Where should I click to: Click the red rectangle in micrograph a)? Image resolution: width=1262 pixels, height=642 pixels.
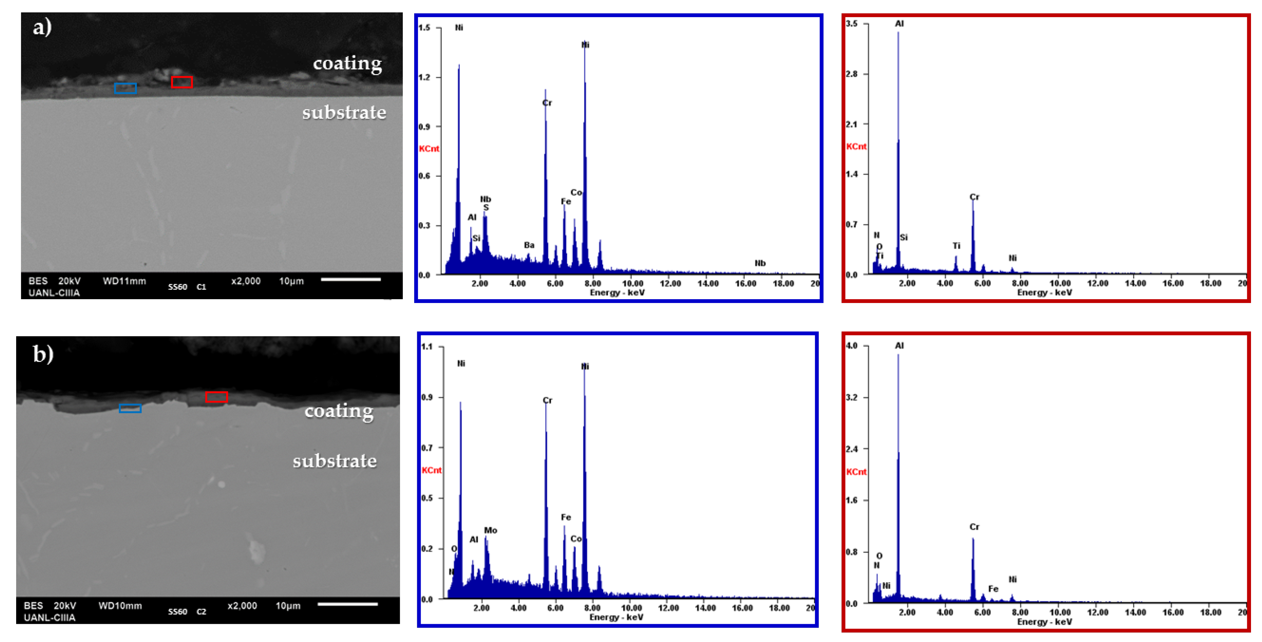click(x=182, y=82)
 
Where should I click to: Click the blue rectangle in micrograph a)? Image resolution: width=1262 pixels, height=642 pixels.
click(x=125, y=88)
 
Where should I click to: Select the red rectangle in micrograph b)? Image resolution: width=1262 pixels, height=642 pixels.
click(x=216, y=397)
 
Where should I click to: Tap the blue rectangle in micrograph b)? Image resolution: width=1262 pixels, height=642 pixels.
click(x=130, y=408)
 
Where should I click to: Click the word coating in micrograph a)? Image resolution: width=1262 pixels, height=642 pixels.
click(x=347, y=64)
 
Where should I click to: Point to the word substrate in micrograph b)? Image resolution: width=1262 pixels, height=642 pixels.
click(x=335, y=461)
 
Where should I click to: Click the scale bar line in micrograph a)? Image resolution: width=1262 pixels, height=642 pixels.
click(x=351, y=280)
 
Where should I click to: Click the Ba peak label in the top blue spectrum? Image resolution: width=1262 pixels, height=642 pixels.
click(x=529, y=245)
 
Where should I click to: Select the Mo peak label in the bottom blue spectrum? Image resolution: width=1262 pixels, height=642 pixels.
click(x=490, y=530)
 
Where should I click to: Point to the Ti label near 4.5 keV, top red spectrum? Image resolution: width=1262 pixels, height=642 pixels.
click(x=956, y=246)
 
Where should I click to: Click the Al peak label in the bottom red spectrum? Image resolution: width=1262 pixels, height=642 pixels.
click(x=899, y=346)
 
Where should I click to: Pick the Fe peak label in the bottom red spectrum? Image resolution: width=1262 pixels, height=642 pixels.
click(x=993, y=589)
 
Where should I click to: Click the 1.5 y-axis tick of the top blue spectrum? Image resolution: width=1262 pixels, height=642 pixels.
click(x=424, y=28)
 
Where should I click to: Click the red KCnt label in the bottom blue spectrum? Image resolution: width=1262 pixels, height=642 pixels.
click(x=432, y=470)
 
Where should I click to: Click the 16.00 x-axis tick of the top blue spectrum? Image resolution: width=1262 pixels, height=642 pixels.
click(x=745, y=283)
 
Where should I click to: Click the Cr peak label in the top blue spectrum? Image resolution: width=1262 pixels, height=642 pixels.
click(x=547, y=103)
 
